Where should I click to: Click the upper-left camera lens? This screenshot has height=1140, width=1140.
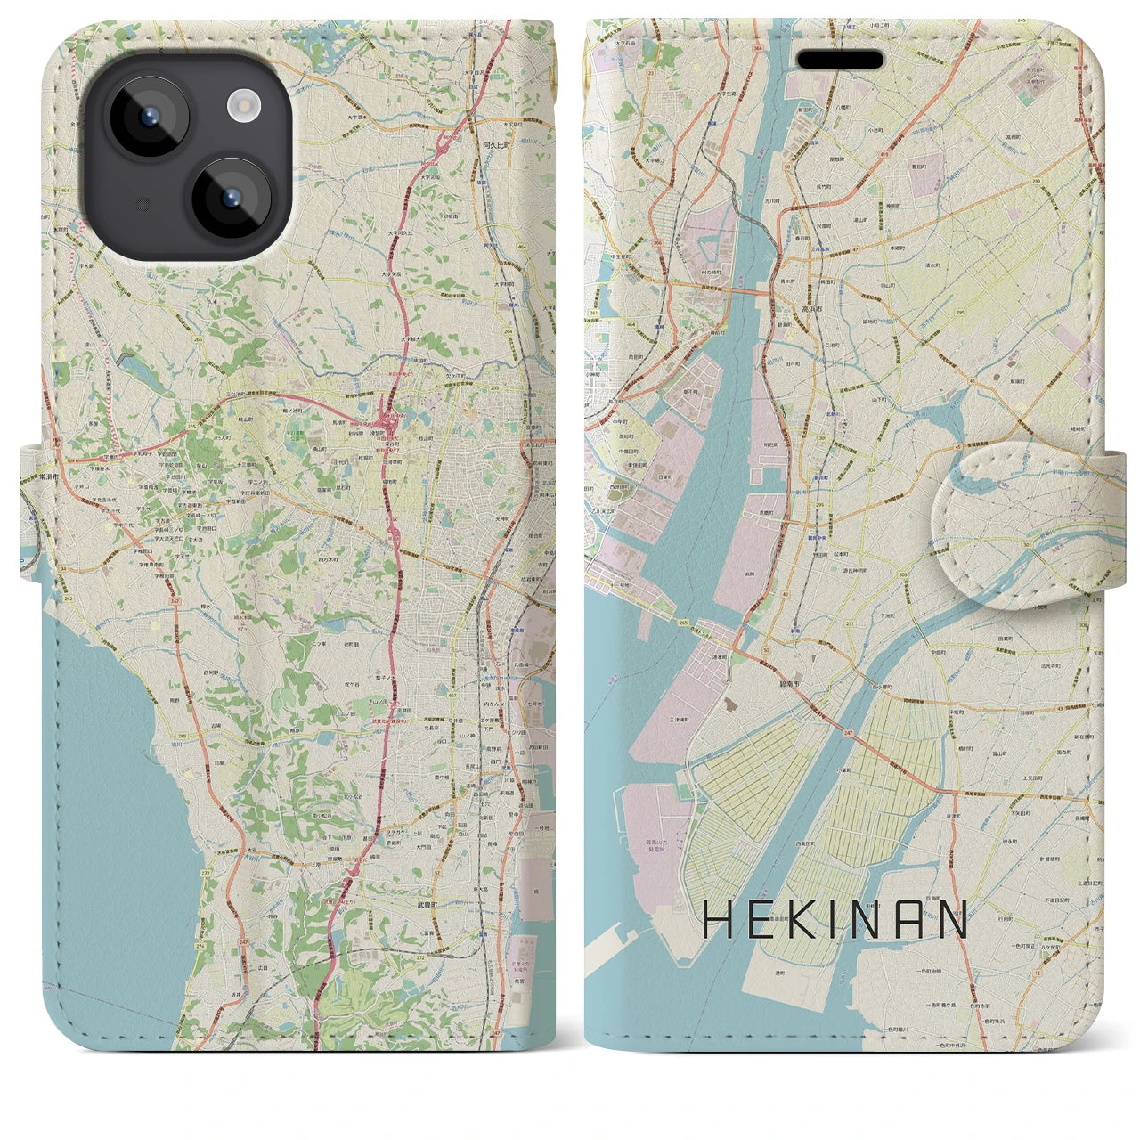tap(148, 118)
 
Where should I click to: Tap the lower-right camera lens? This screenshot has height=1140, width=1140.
tap(231, 198)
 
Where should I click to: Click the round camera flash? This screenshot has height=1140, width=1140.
tap(241, 107)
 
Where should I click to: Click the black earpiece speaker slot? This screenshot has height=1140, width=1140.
tap(839, 60)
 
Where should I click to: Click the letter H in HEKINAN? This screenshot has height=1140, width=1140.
tap(719, 920)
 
